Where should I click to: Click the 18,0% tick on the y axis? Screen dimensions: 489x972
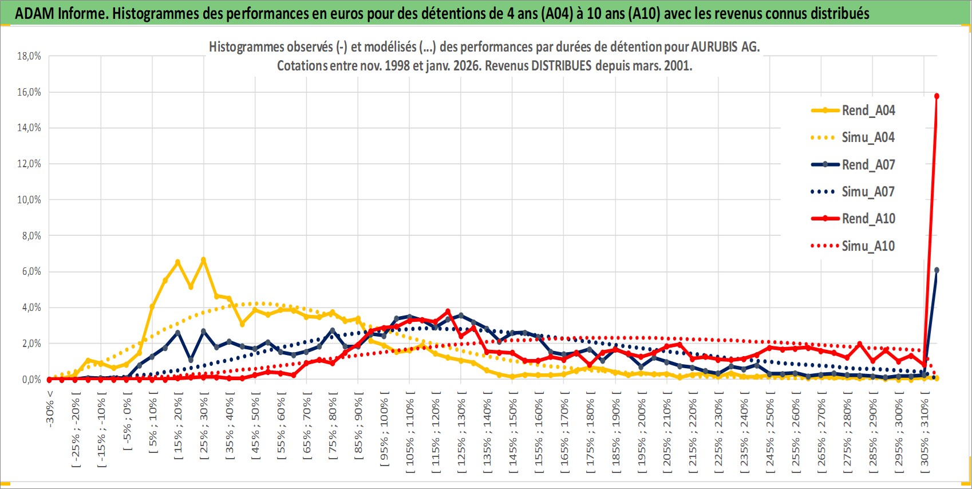[29, 56]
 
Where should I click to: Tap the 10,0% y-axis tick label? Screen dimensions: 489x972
[29, 200]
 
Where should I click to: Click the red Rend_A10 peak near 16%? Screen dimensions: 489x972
[937, 96]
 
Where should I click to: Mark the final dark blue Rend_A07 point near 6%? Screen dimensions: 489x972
[937, 270]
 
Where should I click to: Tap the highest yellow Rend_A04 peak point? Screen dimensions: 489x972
[203, 260]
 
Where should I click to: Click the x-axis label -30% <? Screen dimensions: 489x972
[50, 408]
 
